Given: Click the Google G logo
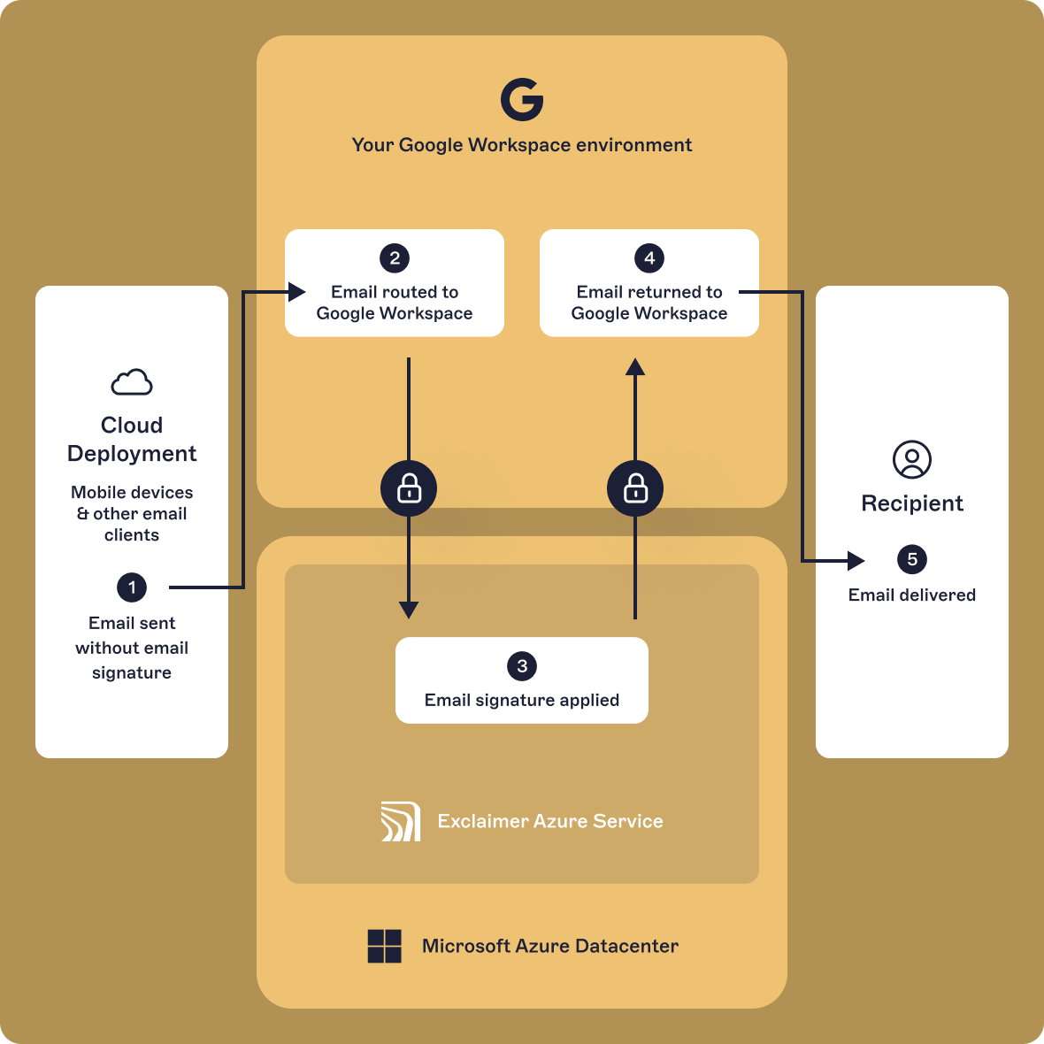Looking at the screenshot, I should tap(522, 99).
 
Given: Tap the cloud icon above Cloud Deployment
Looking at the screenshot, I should tap(132, 382).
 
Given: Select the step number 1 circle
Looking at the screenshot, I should tap(132, 587).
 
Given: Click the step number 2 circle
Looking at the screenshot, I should tap(395, 258).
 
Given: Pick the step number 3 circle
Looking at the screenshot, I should tap(522, 666).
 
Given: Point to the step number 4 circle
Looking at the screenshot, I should tap(649, 258).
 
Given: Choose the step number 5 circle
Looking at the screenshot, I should tap(912, 559).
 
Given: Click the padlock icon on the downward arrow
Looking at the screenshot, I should tap(409, 488).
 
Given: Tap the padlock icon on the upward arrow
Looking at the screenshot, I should tap(635, 488).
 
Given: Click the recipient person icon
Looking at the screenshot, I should tap(912, 460).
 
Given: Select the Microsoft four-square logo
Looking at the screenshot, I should tap(385, 946).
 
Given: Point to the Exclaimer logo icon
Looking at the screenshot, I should tap(401, 821).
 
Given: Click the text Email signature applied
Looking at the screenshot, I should tap(522, 700).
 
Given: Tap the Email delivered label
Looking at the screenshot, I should tap(912, 595).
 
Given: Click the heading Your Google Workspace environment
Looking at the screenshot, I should tap(522, 145).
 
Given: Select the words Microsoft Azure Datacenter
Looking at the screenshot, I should tap(550, 946).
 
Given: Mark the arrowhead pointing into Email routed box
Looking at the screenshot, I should tap(297, 291).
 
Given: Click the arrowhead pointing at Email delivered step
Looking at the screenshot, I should tap(856, 560).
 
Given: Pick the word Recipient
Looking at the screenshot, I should tap(912, 503).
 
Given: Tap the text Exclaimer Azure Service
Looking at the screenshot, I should tap(550, 821).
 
